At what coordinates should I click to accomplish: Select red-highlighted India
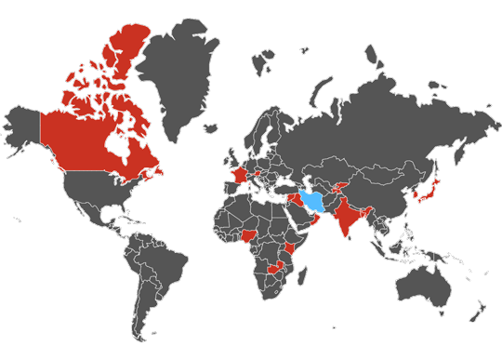point(350,219)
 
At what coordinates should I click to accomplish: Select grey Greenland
point(186,65)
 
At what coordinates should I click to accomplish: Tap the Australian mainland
point(423,284)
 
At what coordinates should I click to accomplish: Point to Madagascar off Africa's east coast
point(305,283)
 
